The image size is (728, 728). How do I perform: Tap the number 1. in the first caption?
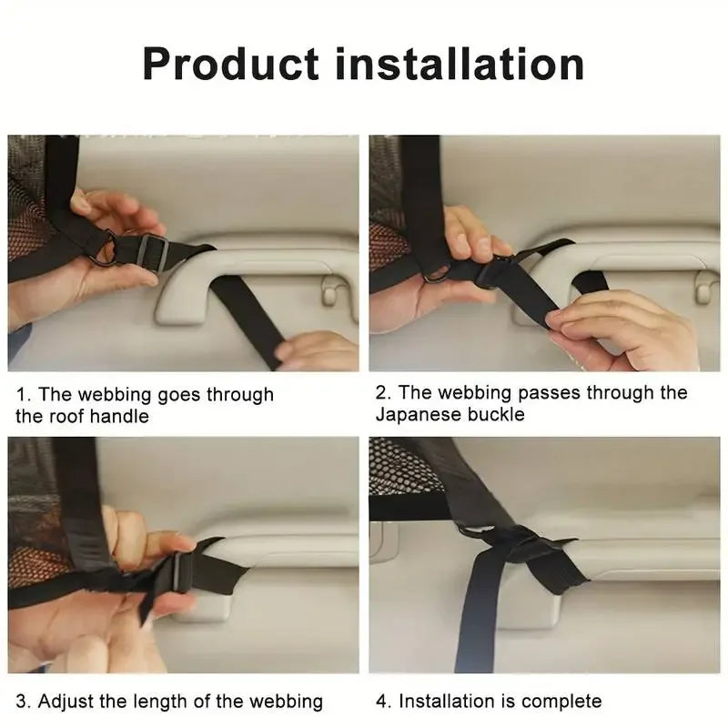tap(24, 395)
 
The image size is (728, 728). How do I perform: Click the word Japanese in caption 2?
tap(416, 415)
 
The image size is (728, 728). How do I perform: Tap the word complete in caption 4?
tap(561, 702)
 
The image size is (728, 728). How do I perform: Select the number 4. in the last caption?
tap(383, 702)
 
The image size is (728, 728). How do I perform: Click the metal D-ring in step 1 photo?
tap(108, 247)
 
